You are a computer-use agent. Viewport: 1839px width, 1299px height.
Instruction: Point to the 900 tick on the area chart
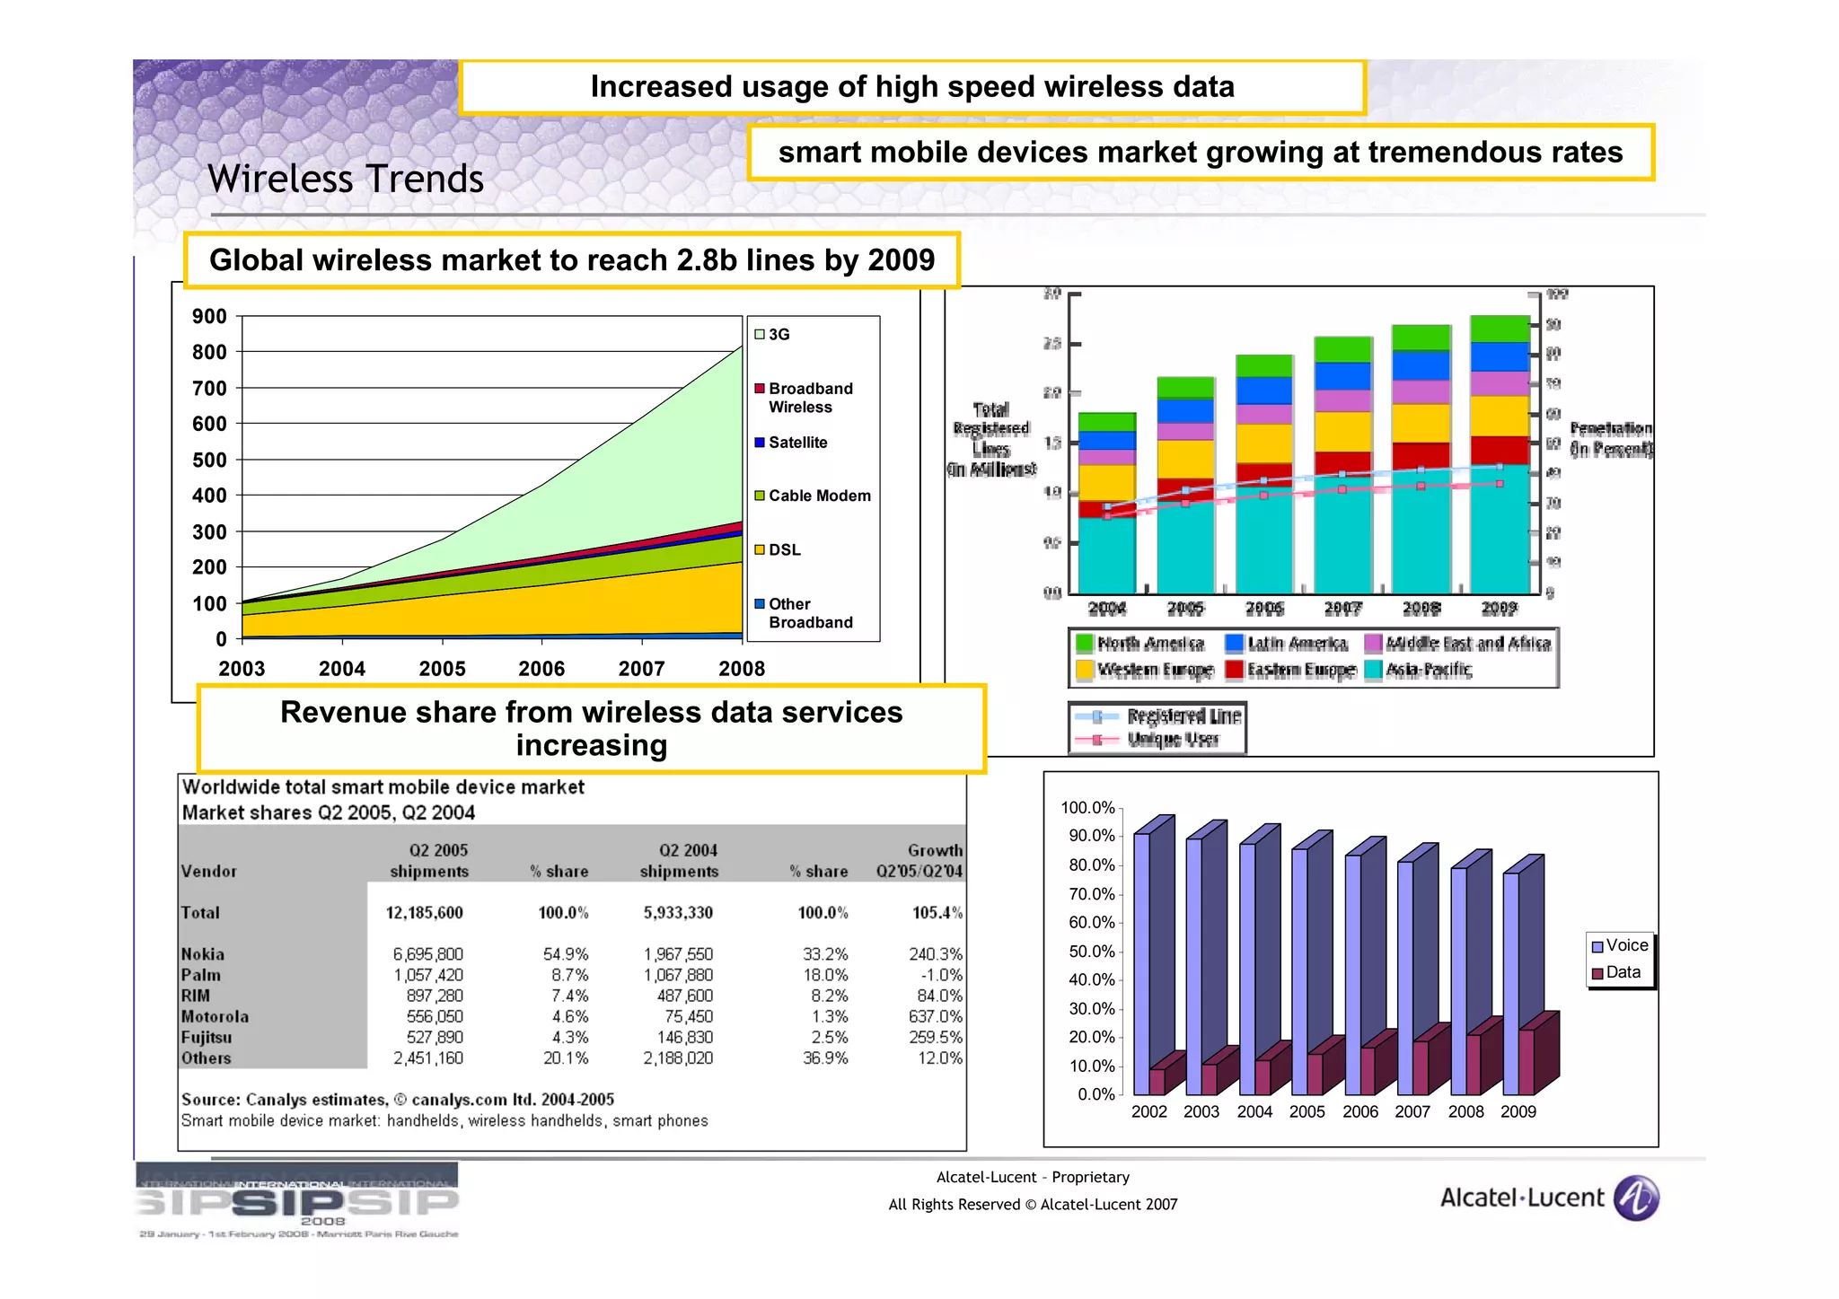[x=209, y=316]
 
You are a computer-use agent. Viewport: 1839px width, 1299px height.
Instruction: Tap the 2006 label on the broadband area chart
[x=541, y=669]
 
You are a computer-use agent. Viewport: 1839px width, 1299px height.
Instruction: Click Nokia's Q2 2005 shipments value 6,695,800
[x=427, y=954]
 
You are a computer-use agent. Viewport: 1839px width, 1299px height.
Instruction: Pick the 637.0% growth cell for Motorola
[x=935, y=1016]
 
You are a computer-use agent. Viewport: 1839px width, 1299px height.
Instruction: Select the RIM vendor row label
[x=196, y=996]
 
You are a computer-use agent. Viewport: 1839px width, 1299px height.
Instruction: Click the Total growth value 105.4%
[x=937, y=913]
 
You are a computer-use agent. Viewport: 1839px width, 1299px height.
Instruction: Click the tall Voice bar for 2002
[x=1141, y=952]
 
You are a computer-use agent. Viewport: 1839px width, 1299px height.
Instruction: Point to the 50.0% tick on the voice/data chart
[x=1091, y=952]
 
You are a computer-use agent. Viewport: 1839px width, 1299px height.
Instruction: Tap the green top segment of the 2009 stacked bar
[x=1499, y=329]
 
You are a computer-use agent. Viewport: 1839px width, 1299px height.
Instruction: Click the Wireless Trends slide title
[x=346, y=179]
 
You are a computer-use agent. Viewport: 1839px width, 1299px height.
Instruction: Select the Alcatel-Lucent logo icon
[x=1636, y=1198]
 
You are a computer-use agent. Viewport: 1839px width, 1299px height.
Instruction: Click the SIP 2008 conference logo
[x=298, y=1201]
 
